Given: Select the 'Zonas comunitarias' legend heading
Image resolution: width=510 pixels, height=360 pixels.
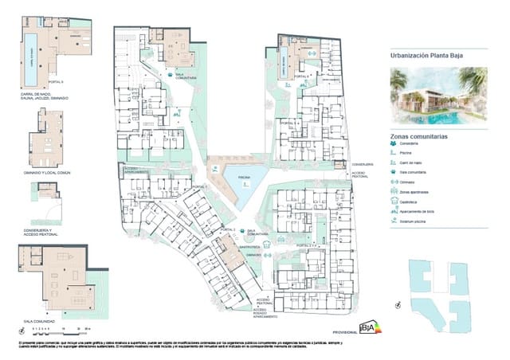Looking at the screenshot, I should (x=418, y=137).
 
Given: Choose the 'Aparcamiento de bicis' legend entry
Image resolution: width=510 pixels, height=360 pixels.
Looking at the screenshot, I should (x=417, y=211).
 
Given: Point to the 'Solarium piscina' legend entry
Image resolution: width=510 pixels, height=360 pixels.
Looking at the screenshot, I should (x=412, y=221).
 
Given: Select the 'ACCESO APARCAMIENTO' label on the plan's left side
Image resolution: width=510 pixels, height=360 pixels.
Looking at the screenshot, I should (x=135, y=170).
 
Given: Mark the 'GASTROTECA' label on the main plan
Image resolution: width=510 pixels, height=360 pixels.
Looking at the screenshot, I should (x=251, y=248).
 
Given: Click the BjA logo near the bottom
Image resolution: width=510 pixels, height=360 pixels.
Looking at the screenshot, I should (x=371, y=327).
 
